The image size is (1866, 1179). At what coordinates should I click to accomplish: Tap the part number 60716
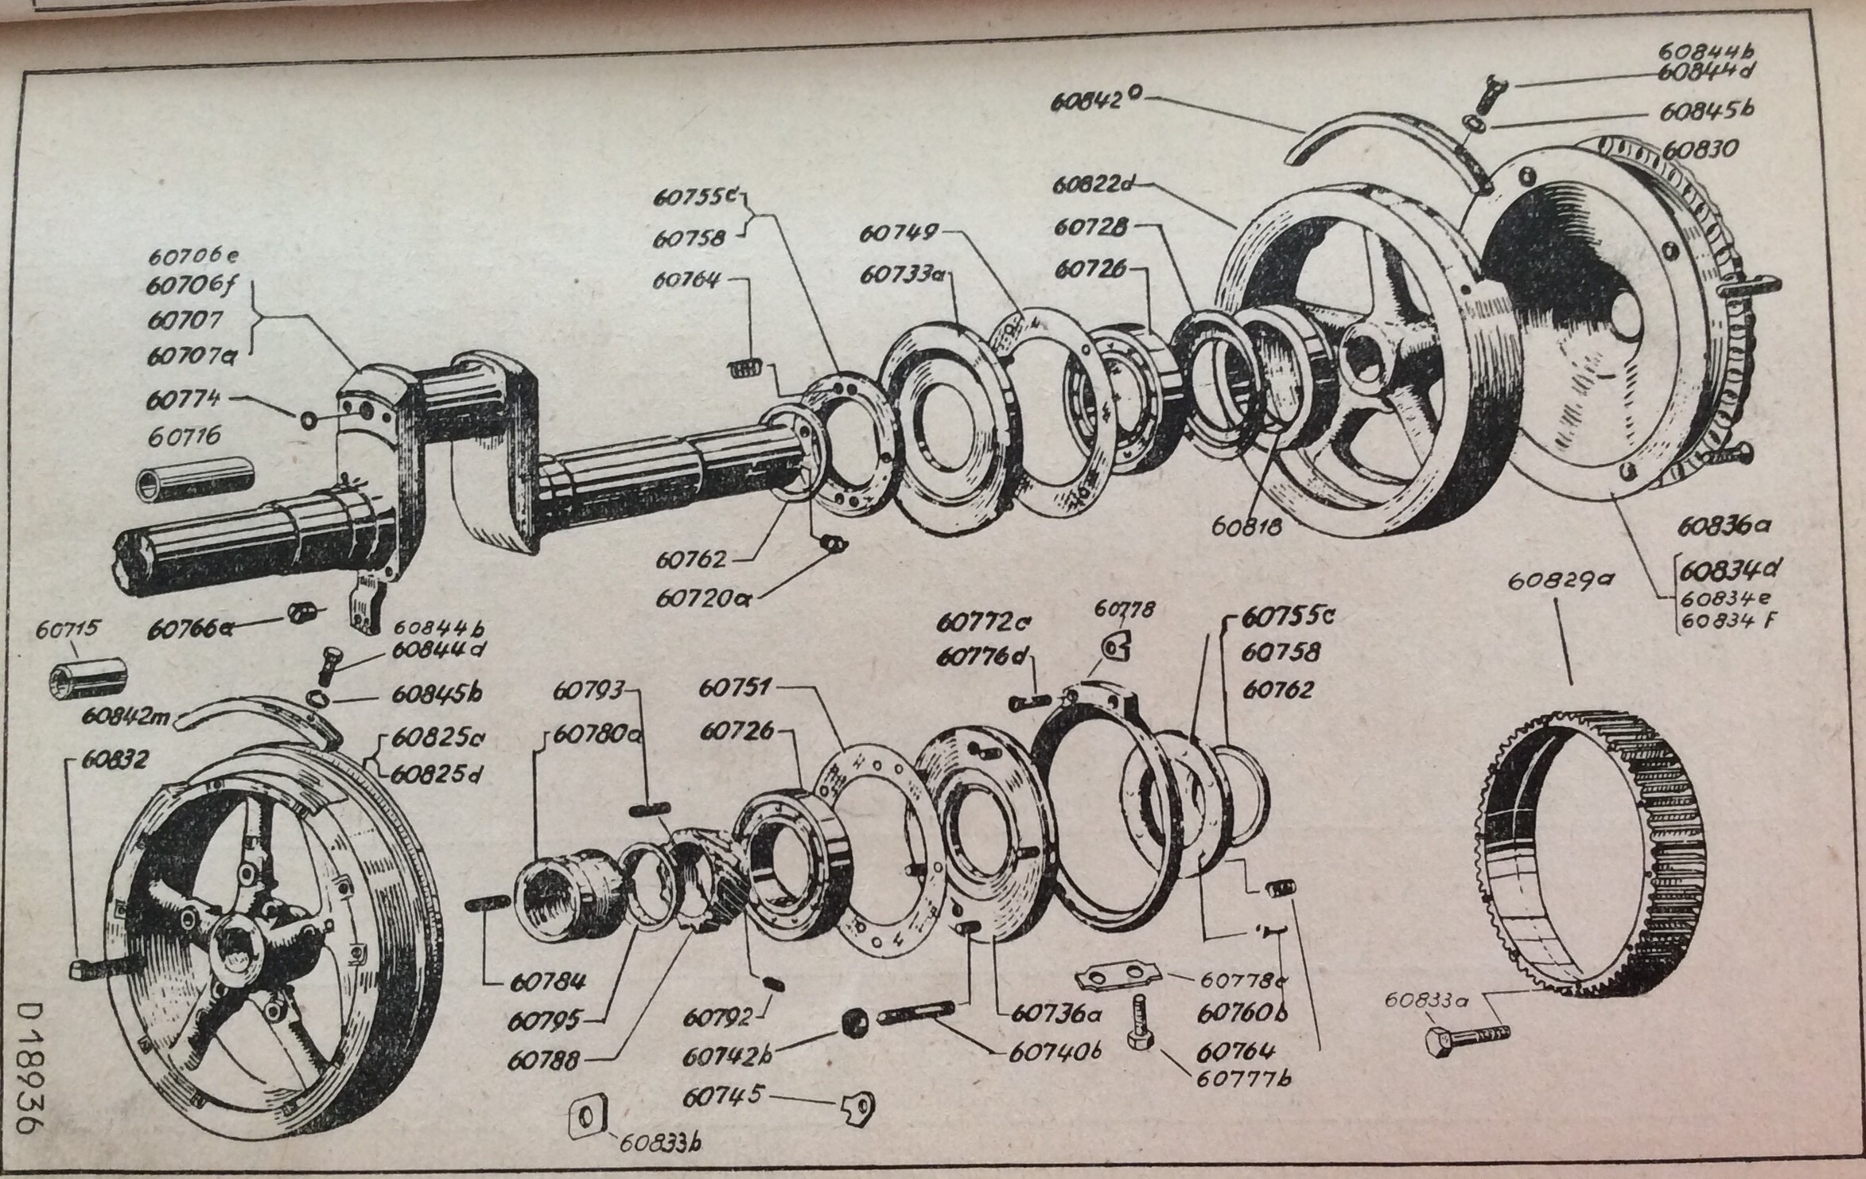(x=184, y=437)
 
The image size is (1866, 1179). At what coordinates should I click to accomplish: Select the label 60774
(x=184, y=399)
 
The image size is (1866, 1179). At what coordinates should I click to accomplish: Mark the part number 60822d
(x=1090, y=185)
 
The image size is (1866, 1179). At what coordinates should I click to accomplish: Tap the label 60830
(x=1700, y=150)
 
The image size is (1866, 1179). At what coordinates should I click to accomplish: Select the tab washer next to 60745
(x=858, y=1107)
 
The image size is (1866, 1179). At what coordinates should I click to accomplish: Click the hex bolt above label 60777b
(x=1137, y=1026)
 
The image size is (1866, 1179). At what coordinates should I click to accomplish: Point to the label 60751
(x=734, y=689)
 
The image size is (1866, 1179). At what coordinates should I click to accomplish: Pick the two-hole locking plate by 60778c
(x=1116, y=978)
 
